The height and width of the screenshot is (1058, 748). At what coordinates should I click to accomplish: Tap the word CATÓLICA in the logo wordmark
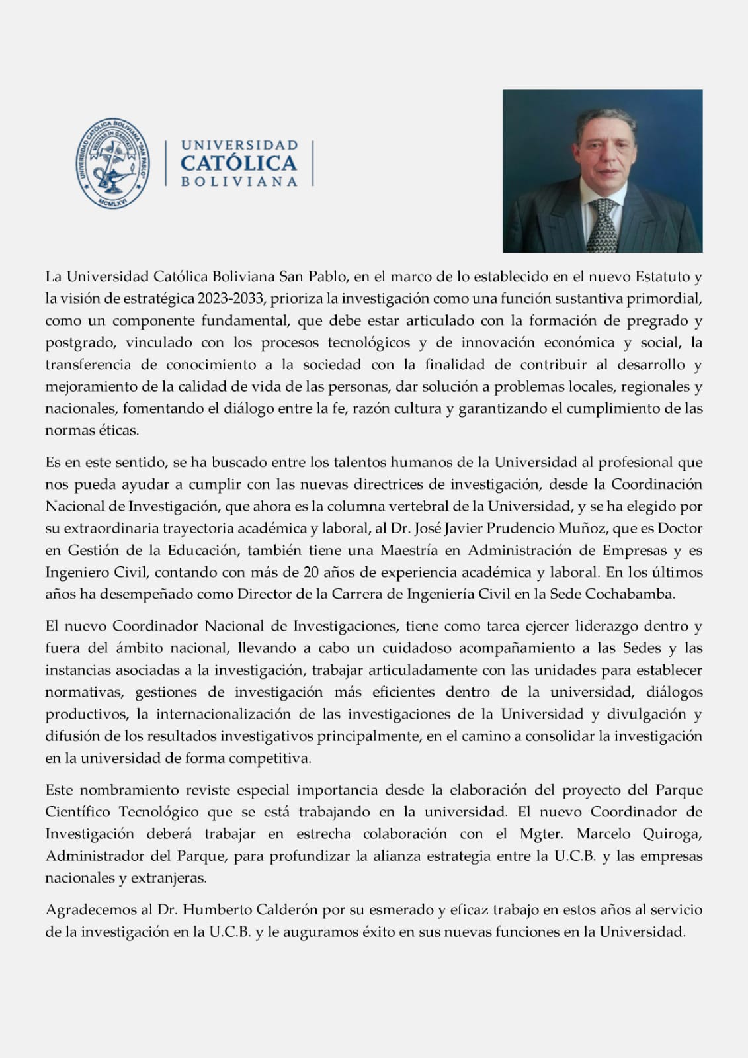click(239, 163)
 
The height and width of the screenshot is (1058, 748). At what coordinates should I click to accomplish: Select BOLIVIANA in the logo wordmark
click(239, 182)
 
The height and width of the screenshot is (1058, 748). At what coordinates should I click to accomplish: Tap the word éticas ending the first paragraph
click(120, 431)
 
